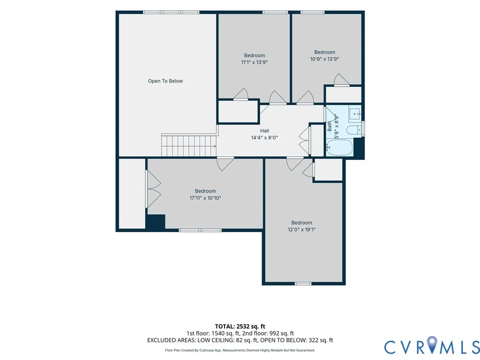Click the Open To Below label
point(165,81)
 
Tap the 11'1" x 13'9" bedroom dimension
point(255,62)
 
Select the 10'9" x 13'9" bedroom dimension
point(324,59)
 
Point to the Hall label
point(264,131)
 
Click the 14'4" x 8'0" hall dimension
point(264,138)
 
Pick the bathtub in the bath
point(339,148)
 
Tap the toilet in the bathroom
point(354,130)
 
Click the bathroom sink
point(355,114)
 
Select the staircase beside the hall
point(189,146)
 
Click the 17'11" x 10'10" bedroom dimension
point(205,198)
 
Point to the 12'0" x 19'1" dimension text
point(301,230)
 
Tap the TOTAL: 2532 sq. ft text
point(240,326)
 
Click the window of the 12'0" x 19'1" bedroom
point(303,284)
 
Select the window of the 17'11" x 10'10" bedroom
point(200,230)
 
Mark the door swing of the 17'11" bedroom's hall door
point(225,164)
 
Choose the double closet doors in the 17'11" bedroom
point(153,189)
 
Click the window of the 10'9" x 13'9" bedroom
point(312,12)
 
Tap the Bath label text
point(330,126)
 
